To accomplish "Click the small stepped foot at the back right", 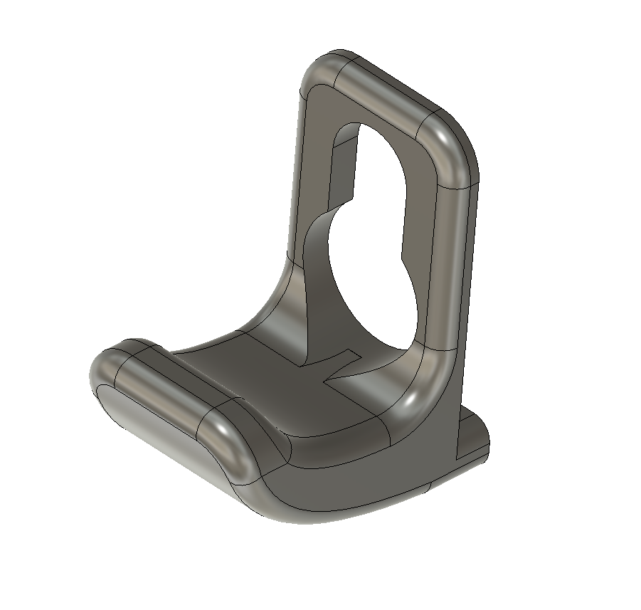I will (473, 434).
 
